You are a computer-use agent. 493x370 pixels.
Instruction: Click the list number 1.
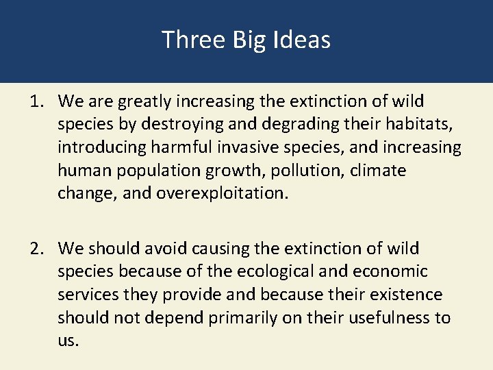pos(36,101)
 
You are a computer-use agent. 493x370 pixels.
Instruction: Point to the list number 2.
pos(36,248)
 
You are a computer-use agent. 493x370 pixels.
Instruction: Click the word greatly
pos(145,102)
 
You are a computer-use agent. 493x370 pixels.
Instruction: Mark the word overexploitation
pos(223,193)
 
